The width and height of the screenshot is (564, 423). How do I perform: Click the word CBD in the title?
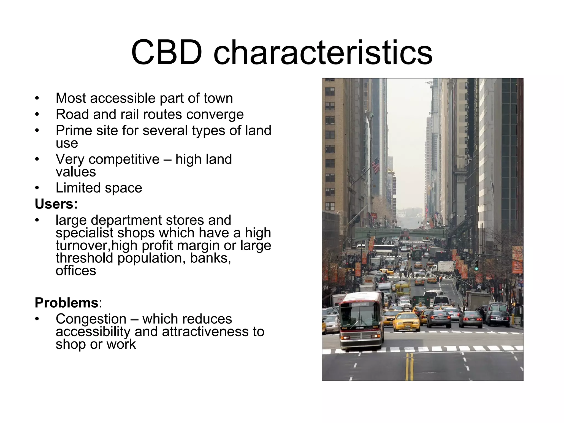coord(166,52)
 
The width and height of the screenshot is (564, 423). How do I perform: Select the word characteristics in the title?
coord(323,52)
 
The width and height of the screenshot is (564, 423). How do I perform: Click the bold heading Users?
coord(56,204)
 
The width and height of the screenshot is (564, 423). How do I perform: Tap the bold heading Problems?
coord(66,303)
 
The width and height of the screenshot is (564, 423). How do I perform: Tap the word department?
coord(141,220)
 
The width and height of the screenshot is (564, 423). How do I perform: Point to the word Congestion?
coord(91,319)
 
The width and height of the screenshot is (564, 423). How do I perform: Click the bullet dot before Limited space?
coord(37,188)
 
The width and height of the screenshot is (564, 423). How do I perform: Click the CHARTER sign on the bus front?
coord(359,305)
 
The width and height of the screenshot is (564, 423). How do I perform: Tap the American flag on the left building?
coord(376,166)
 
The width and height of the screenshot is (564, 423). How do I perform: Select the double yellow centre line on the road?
coord(410,366)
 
